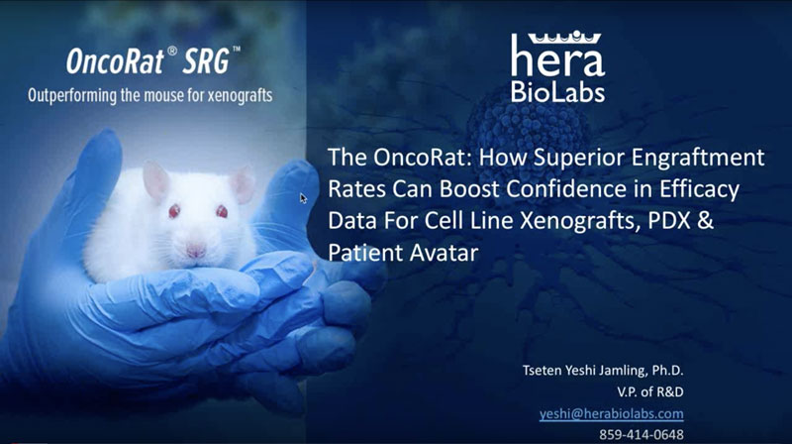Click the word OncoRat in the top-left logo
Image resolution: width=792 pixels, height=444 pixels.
[x=115, y=60]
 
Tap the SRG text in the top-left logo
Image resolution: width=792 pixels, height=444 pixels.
[x=206, y=60]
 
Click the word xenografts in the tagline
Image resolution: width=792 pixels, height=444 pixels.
[x=241, y=95]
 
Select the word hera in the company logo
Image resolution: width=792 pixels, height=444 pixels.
[x=557, y=56]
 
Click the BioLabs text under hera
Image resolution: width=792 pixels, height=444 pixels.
[x=557, y=91]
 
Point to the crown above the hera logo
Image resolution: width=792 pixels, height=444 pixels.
[x=564, y=38]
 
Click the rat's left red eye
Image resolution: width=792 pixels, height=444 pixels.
[x=174, y=211]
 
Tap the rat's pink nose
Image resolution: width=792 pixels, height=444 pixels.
[x=195, y=250]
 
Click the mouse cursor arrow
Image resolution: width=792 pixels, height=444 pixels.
[x=303, y=198]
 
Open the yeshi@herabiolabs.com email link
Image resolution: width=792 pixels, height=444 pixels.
[x=611, y=413]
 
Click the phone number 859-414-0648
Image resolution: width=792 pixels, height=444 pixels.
[x=642, y=434]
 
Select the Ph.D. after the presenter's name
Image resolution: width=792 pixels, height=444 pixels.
[x=667, y=371]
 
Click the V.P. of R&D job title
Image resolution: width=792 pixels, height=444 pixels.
[x=650, y=391]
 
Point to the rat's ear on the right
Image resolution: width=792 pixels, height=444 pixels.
[x=243, y=185]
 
